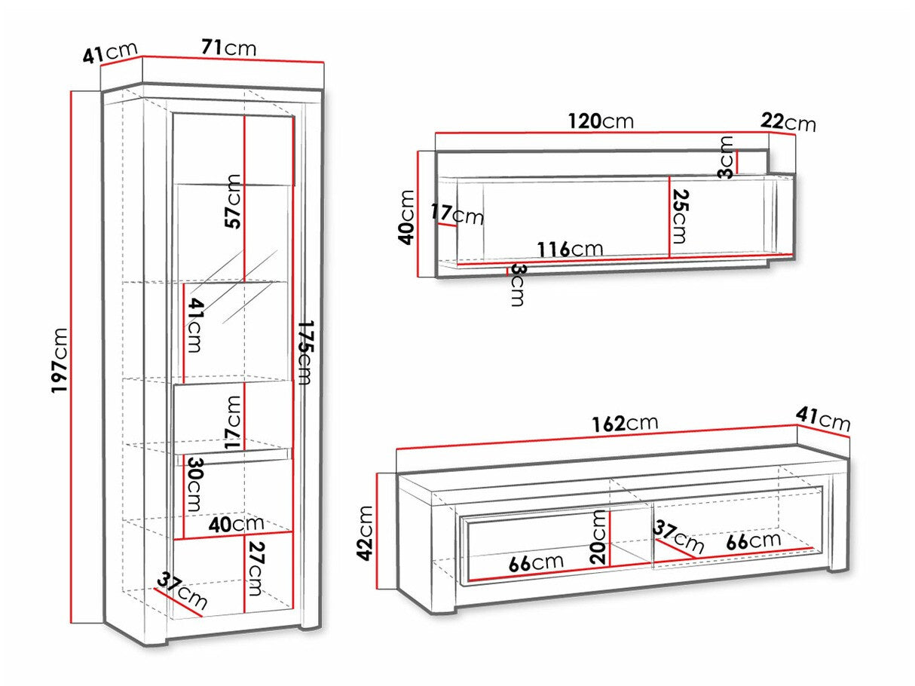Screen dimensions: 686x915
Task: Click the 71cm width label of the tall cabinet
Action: tap(228, 48)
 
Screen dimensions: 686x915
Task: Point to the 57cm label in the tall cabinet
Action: tap(234, 201)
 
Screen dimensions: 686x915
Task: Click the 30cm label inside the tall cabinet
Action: tap(194, 483)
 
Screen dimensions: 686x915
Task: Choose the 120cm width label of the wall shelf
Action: tap(600, 121)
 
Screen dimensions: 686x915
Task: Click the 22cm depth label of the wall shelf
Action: tap(788, 121)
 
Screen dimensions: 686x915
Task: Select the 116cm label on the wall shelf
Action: tap(569, 249)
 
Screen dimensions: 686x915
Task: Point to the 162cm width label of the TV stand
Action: tap(625, 423)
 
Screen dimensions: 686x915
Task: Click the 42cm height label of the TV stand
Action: tap(366, 533)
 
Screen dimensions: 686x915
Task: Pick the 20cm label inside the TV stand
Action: tap(599, 536)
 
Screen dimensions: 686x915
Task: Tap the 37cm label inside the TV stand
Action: tap(679, 536)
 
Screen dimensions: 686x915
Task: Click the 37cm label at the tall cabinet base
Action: tap(182, 592)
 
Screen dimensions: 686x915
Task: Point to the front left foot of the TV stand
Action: tap(445, 608)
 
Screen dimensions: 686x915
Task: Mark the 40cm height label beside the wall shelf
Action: tap(408, 216)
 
